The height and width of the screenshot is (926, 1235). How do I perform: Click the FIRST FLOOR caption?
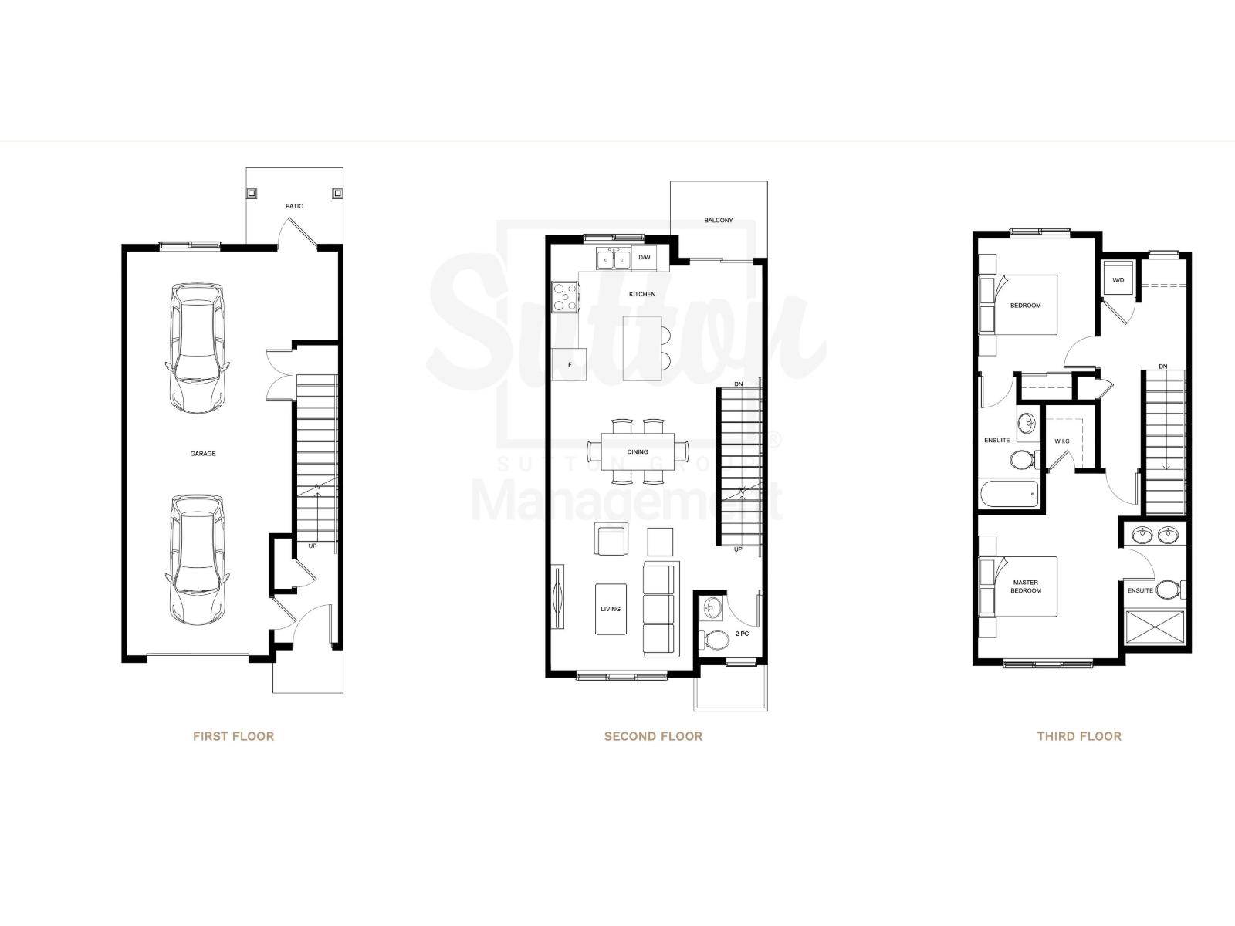tap(233, 736)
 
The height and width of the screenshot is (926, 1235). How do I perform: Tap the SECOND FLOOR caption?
tap(653, 736)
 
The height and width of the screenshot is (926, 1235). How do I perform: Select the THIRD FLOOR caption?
tap(1078, 736)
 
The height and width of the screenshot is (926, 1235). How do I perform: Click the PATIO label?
tap(294, 206)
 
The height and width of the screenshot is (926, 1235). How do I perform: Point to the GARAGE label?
tap(203, 454)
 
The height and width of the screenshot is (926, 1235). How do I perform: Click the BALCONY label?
tap(718, 221)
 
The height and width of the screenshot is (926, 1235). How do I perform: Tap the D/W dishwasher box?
tap(644, 258)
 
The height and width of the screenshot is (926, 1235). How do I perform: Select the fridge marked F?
tap(570, 364)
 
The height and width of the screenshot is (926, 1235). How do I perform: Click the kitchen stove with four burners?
tap(566, 297)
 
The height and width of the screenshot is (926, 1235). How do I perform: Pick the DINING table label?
tap(638, 452)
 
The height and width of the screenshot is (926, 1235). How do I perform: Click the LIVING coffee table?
tap(611, 609)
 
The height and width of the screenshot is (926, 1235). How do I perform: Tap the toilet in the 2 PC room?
tap(716, 640)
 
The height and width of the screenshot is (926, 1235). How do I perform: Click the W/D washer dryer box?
tap(1118, 279)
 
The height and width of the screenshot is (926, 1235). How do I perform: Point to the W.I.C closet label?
tap(1062, 441)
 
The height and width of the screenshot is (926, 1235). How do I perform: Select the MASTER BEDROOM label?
tap(1026, 586)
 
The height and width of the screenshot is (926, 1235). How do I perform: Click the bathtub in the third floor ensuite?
tap(1010, 494)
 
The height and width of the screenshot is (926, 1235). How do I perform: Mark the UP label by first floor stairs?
tap(313, 546)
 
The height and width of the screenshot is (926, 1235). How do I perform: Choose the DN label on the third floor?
tap(1162, 366)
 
